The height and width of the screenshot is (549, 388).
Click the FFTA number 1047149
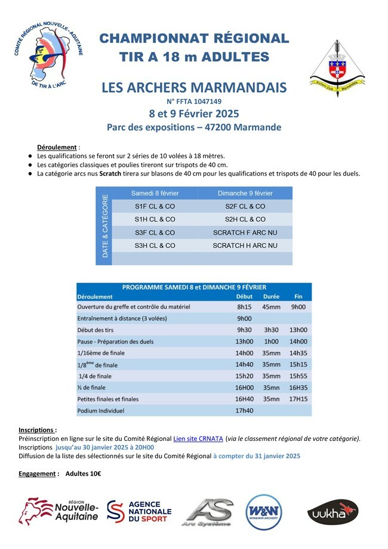click(194, 102)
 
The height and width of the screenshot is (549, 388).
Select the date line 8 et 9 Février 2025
click(194, 114)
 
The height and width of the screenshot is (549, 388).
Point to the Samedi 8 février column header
click(155, 193)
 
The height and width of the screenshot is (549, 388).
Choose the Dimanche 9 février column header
click(245, 193)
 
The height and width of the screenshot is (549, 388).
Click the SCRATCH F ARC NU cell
click(245, 232)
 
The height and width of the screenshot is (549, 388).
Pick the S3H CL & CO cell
click(155, 246)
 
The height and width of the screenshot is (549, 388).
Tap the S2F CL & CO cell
click(245, 206)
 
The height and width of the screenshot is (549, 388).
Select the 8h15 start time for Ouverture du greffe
click(244, 307)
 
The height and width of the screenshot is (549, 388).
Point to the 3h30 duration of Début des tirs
click(271, 330)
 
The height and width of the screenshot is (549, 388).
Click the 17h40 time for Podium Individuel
click(245, 411)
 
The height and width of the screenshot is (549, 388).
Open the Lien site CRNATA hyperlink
click(198, 438)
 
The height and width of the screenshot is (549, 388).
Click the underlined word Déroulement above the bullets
click(57, 147)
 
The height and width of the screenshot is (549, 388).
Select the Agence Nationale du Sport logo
click(139, 511)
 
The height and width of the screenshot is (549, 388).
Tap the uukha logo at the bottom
click(332, 512)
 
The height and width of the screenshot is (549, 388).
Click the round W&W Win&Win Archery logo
click(264, 512)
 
